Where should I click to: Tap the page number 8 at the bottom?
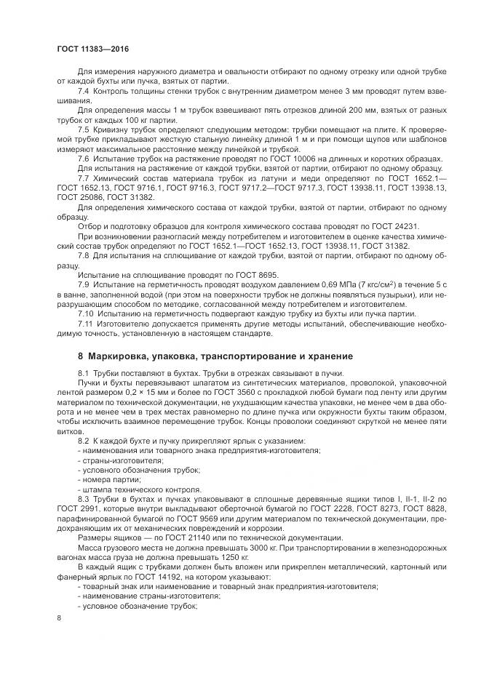coord(59,618)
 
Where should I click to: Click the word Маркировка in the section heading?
coord(119,356)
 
